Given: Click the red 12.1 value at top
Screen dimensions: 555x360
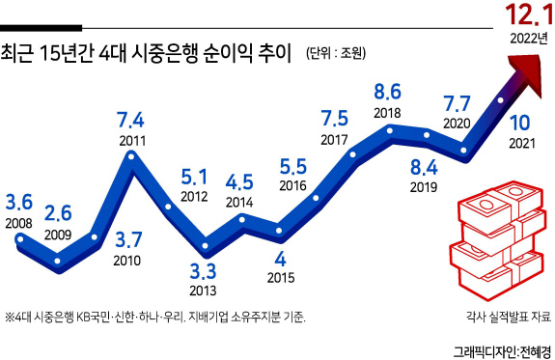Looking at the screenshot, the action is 529,15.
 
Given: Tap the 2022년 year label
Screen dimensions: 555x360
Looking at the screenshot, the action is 529,38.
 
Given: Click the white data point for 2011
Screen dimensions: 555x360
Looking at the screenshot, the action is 131,156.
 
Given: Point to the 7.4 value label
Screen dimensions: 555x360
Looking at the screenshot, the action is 130,120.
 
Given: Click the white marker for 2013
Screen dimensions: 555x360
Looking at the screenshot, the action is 205,246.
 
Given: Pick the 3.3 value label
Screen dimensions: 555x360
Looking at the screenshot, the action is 203,271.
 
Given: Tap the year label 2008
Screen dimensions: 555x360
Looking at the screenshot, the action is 18,223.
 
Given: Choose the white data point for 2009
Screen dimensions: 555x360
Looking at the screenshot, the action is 57,262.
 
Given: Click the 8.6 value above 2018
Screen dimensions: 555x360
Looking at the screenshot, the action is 388,92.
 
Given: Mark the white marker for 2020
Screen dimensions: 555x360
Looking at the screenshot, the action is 463,151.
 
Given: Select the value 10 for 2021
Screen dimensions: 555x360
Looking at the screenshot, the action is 520,123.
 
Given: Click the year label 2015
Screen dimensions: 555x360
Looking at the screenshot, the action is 281,278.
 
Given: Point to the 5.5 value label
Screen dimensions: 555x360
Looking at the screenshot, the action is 293,166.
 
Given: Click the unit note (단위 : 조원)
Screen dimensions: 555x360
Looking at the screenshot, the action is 336,53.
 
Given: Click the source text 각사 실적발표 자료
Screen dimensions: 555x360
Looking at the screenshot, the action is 509,317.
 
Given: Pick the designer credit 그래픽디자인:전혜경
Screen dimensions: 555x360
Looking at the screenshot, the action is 503,352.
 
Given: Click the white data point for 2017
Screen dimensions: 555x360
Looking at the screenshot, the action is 352,154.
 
